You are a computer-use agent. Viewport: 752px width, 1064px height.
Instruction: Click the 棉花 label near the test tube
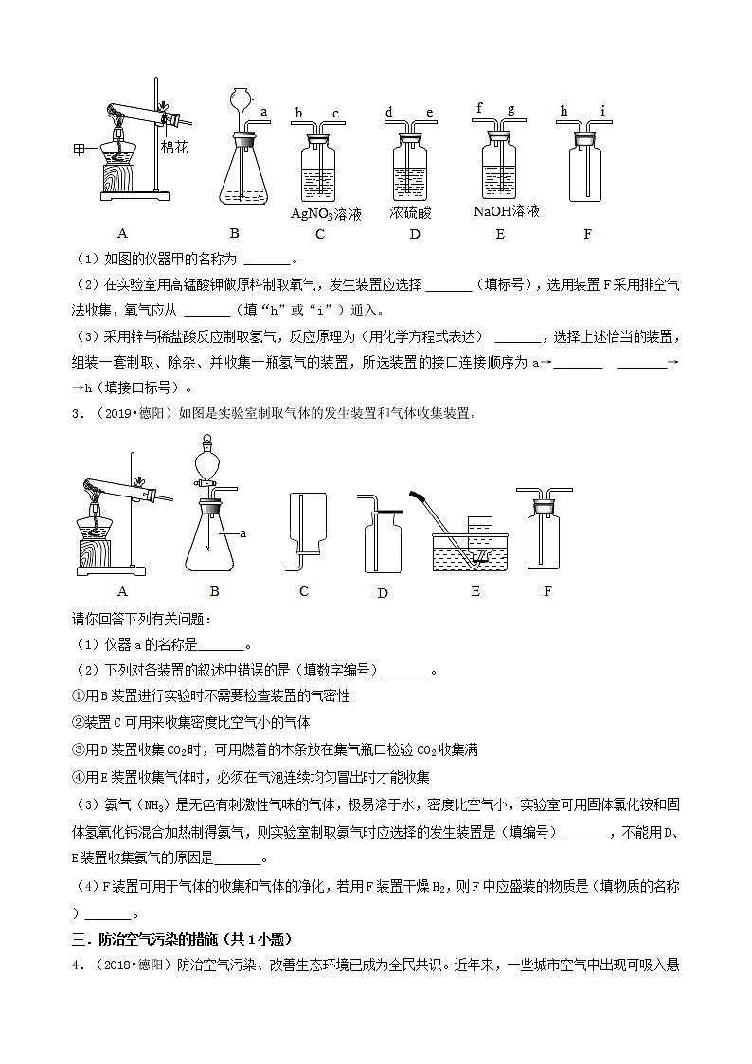(175, 148)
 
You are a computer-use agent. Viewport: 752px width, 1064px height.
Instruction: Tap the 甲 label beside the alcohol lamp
(81, 150)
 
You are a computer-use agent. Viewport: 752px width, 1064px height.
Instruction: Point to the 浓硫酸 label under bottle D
(410, 213)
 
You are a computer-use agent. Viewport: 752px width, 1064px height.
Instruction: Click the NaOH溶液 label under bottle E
(506, 210)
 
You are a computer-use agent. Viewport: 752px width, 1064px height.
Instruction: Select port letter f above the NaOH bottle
(479, 108)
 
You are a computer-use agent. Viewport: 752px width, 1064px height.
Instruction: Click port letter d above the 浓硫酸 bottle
(389, 113)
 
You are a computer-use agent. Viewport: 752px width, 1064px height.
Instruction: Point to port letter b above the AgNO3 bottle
(298, 113)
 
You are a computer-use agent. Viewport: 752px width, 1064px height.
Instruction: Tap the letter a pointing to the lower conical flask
(243, 533)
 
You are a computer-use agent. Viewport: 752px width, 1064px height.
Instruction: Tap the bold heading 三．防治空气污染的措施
(180, 940)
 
